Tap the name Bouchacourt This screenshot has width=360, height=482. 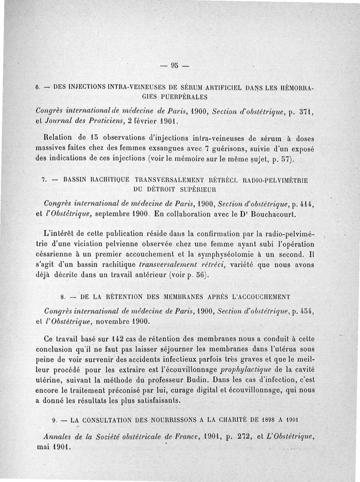pos(271,214)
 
